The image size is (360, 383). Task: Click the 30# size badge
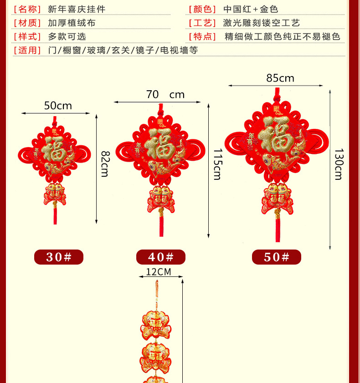pyautogui.click(x=59, y=257)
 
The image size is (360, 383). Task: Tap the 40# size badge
pyautogui.click(x=161, y=257)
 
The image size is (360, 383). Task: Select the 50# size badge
pyautogui.click(x=277, y=257)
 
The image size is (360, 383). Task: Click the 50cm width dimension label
pyautogui.click(x=58, y=106)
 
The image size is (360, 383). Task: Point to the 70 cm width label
pyautogui.click(x=165, y=95)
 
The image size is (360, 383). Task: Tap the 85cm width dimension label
pyautogui.click(x=280, y=78)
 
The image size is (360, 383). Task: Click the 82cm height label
pyautogui.click(x=105, y=163)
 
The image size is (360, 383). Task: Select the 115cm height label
pyautogui.click(x=217, y=164)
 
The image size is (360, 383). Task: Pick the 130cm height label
pyautogui.click(x=338, y=164)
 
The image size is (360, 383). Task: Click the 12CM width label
pyautogui.click(x=158, y=272)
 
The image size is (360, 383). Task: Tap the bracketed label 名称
pyautogui.click(x=27, y=9)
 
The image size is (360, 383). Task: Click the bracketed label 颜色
pyautogui.click(x=203, y=9)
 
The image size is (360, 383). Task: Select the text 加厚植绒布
pyautogui.click(x=72, y=23)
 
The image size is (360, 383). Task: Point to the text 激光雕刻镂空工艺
pyautogui.click(x=262, y=23)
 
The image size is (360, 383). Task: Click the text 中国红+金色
pyautogui.click(x=251, y=9)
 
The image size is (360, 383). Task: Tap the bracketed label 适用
pyautogui.click(x=27, y=50)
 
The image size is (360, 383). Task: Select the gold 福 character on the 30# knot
pyautogui.click(x=55, y=151)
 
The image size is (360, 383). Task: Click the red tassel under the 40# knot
pyautogui.click(x=161, y=226)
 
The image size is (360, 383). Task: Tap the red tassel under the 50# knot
pyautogui.click(x=277, y=230)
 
